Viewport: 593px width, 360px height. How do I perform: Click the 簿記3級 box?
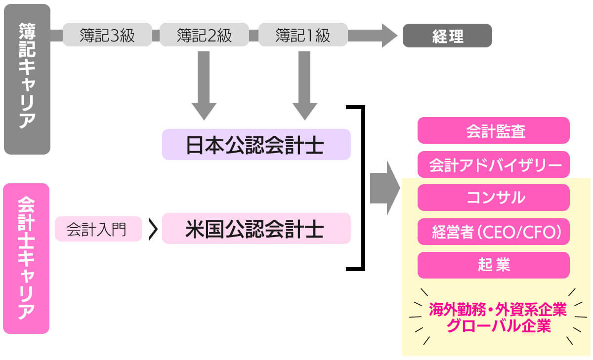pyautogui.click(x=107, y=36)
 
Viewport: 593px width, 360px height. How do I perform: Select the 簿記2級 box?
pyautogui.click(x=204, y=36)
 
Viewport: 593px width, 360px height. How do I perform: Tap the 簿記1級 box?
pyautogui.click(x=302, y=36)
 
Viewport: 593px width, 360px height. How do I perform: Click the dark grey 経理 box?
pyautogui.click(x=447, y=36)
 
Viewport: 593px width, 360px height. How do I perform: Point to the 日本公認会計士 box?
pyautogui.click(x=256, y=145)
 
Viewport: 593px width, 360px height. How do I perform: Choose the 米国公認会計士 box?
pyautogui.click(x=256, y=229)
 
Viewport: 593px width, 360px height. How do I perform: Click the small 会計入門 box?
pyautogui.click(x=98, y=229)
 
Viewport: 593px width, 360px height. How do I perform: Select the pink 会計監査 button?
pyautogui.click(x=493, y=130)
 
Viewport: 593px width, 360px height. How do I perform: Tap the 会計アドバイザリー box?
pyautogui.click(x=493, y=164)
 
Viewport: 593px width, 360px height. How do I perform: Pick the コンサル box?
pyautogui.click(x=493, y=198)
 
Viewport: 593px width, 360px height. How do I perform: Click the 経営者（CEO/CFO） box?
pyautogui.click(x=493, y=231)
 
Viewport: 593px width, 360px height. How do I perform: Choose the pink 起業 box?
pyautogui.click(x=493, y=265)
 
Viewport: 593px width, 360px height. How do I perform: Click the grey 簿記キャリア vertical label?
pyautogui.click(x=27, y=79)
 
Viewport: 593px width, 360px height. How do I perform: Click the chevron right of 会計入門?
pyautogui.click(x=153, y=229)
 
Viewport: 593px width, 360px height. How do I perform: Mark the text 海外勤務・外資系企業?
pyautogui.click(x=497, y=310)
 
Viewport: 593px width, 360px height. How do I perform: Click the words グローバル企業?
pyautogui.click(x=497, y=326)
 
